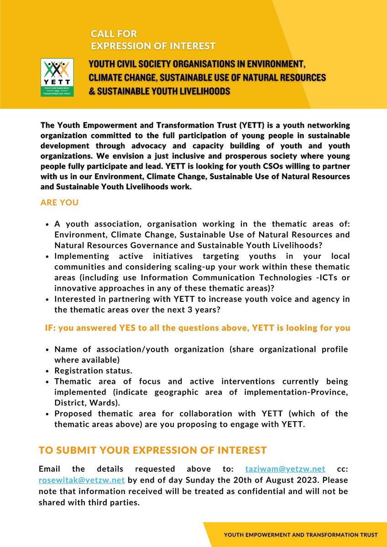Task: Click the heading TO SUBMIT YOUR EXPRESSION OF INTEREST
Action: [x=152, y=450]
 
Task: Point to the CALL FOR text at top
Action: [x=114, y=34]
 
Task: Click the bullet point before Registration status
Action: [x=48, y=371]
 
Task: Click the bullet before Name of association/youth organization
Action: [x=48, y=350]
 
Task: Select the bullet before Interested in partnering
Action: [x=48, y=299]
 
